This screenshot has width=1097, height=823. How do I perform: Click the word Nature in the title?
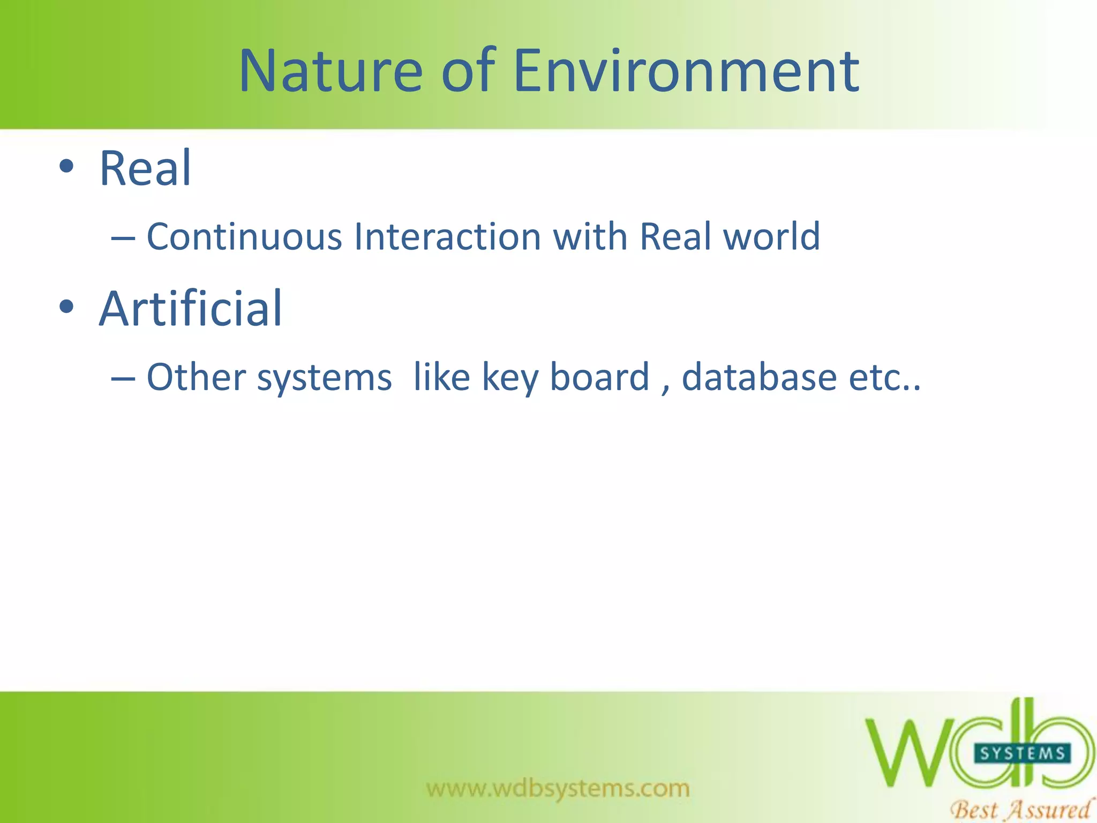pos(330,71)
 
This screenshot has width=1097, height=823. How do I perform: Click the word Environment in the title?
pos(686,71)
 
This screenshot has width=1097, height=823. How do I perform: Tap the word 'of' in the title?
pos(468,71)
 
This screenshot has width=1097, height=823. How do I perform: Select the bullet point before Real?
pos(66,167)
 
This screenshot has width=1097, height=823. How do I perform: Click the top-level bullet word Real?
pos(145,169)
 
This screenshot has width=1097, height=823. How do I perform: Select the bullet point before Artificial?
pos(66,307)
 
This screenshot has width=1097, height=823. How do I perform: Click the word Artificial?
pos(190,309)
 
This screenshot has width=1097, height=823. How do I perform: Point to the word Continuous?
pos(244,236)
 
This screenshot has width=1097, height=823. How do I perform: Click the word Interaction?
pos(447,236)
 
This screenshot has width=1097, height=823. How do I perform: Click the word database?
pos(759,377)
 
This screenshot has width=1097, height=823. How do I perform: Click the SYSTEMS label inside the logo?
pos(1021,753)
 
